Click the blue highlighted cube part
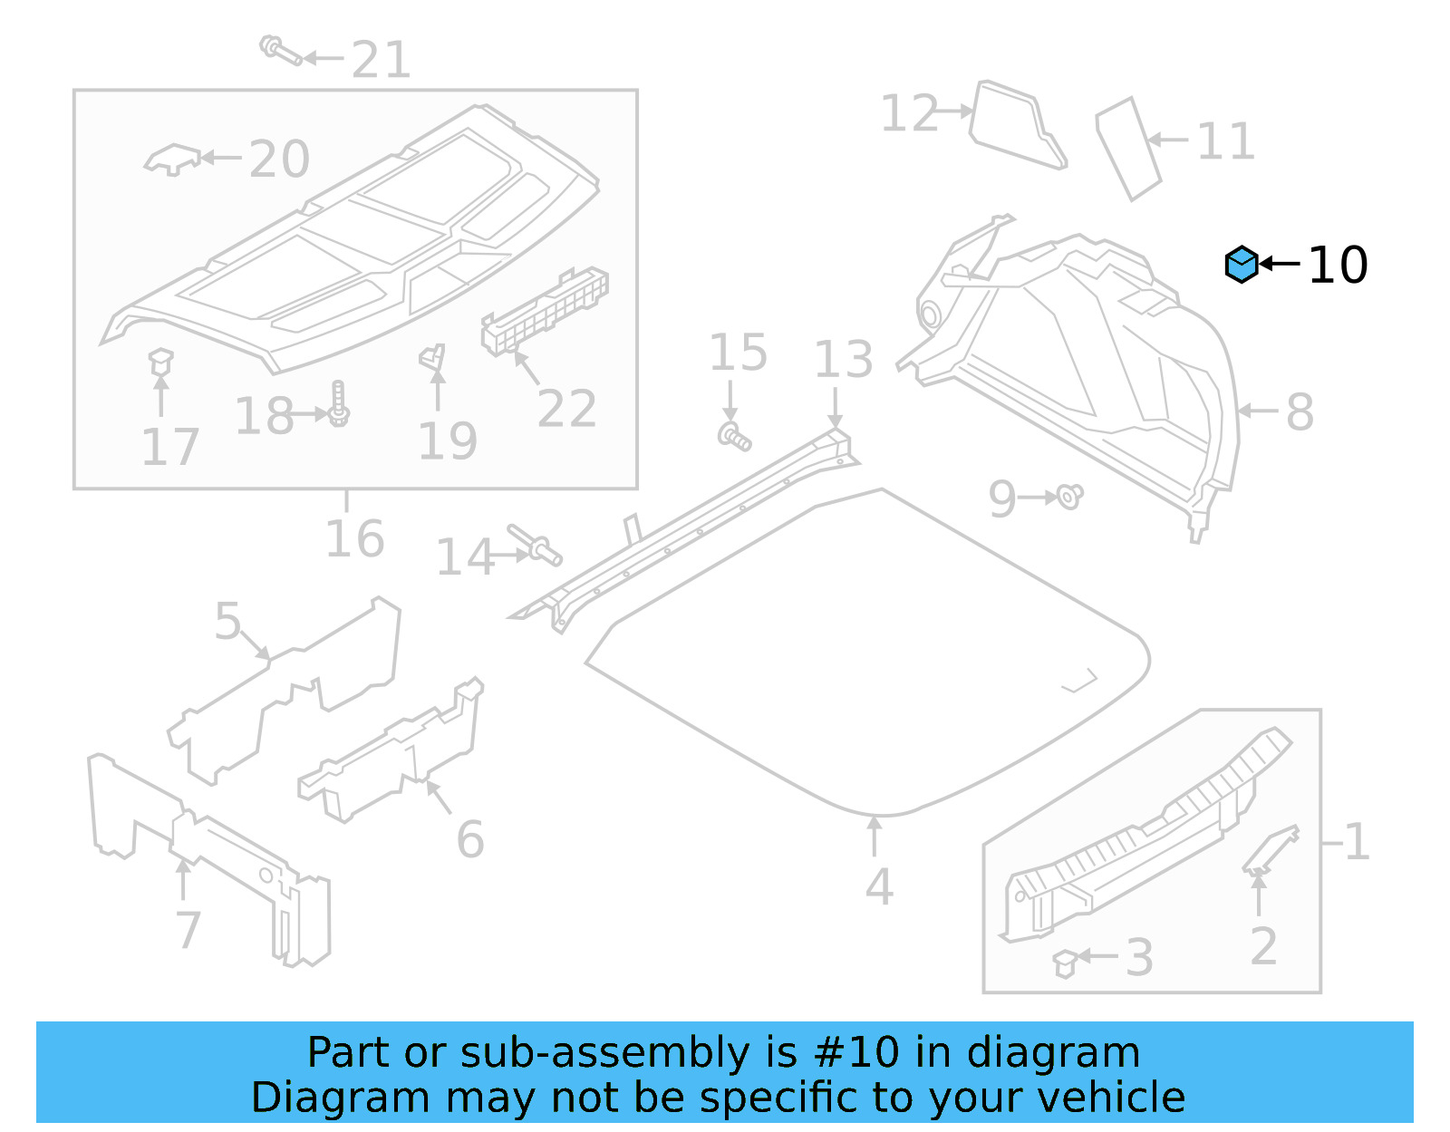[x=1242, y=265]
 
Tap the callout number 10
[x=1338, y=266]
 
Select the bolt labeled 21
[x=281, y=51]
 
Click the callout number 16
[x=354, y=540]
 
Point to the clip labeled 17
[x=160, y=362]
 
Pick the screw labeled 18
[x=339, y=405]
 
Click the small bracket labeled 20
[x=172, y=160]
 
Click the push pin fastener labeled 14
[x=536, y=545]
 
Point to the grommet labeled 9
[x=1070, y=497]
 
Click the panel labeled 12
[x=1016, y=126]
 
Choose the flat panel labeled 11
[x=1129, y=147]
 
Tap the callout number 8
[x=1300, y=412]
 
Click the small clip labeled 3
[x=1065, y=963]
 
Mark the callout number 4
[x=878, y=887]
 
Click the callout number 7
[x=188, y=930]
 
